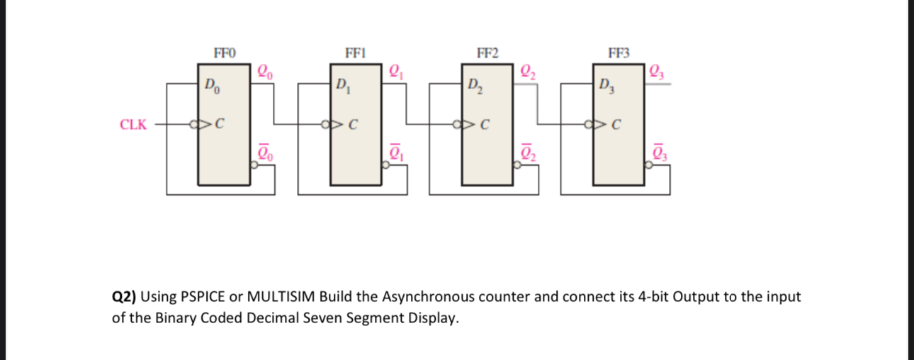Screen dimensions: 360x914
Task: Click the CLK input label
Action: (x=133, y=125)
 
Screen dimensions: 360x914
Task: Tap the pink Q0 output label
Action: (x=264, y=70)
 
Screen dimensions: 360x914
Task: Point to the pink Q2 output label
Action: (x=529, y=70)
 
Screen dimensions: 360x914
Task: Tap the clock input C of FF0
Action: (x=220, y=126)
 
